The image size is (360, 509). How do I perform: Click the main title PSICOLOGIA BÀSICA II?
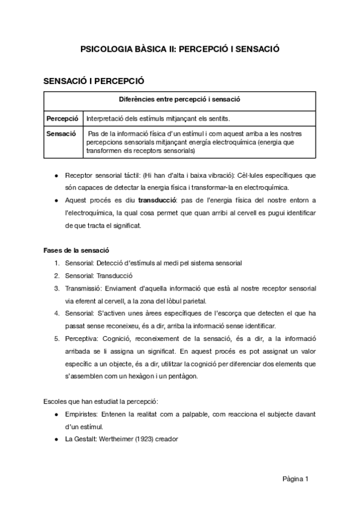(x=180, y=51)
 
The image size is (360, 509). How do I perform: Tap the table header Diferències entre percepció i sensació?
(x=180, y=100)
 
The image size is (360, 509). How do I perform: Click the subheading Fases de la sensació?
(x=76, y=250)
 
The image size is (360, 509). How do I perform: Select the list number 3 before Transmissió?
(x=56, y=288)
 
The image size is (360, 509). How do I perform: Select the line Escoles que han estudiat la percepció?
(x=101, y=400)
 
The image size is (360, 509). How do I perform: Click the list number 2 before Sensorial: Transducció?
(x=56, y=276)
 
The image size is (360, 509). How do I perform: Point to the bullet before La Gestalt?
(x=56, y=439)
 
